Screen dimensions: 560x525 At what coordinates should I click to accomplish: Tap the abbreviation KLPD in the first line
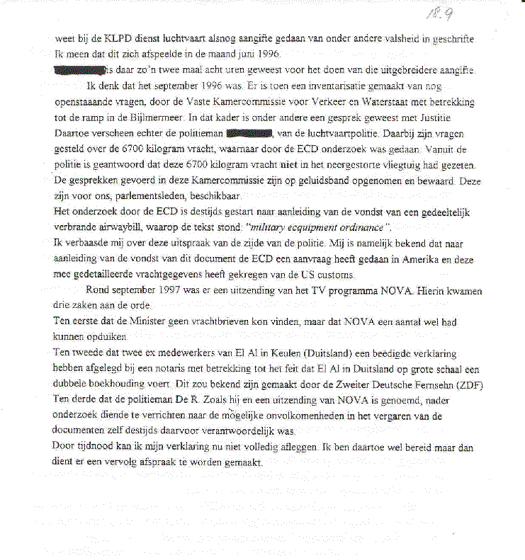pos(124,40)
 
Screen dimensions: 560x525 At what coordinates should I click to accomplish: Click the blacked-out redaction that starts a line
pos(79,70)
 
